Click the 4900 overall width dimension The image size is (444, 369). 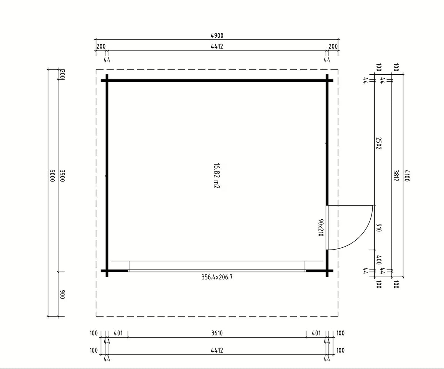tap(217, 35)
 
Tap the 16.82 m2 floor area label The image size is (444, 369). tap(216, 176)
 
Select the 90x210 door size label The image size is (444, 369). tap(321, 228)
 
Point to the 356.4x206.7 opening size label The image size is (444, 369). tap(217, 277)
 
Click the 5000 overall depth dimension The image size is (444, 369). tap(52, 176)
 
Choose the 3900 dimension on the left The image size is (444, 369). tap(62, 176)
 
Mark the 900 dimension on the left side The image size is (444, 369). tap(62, 294)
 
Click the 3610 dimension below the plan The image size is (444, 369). tap(217, 333)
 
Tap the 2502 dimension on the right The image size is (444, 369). tap(379, 143)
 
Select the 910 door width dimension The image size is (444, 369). tap(379, 228)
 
